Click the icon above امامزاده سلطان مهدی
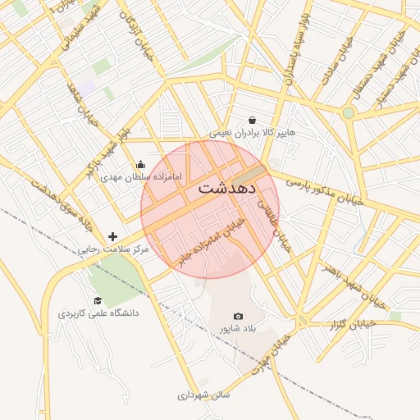click(140, 164)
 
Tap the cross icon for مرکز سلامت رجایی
click(112, 236)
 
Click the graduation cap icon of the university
click(98, 300)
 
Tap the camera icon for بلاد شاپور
click(238, 316)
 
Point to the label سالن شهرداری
click(203, 395)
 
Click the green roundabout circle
click(348, 112)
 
